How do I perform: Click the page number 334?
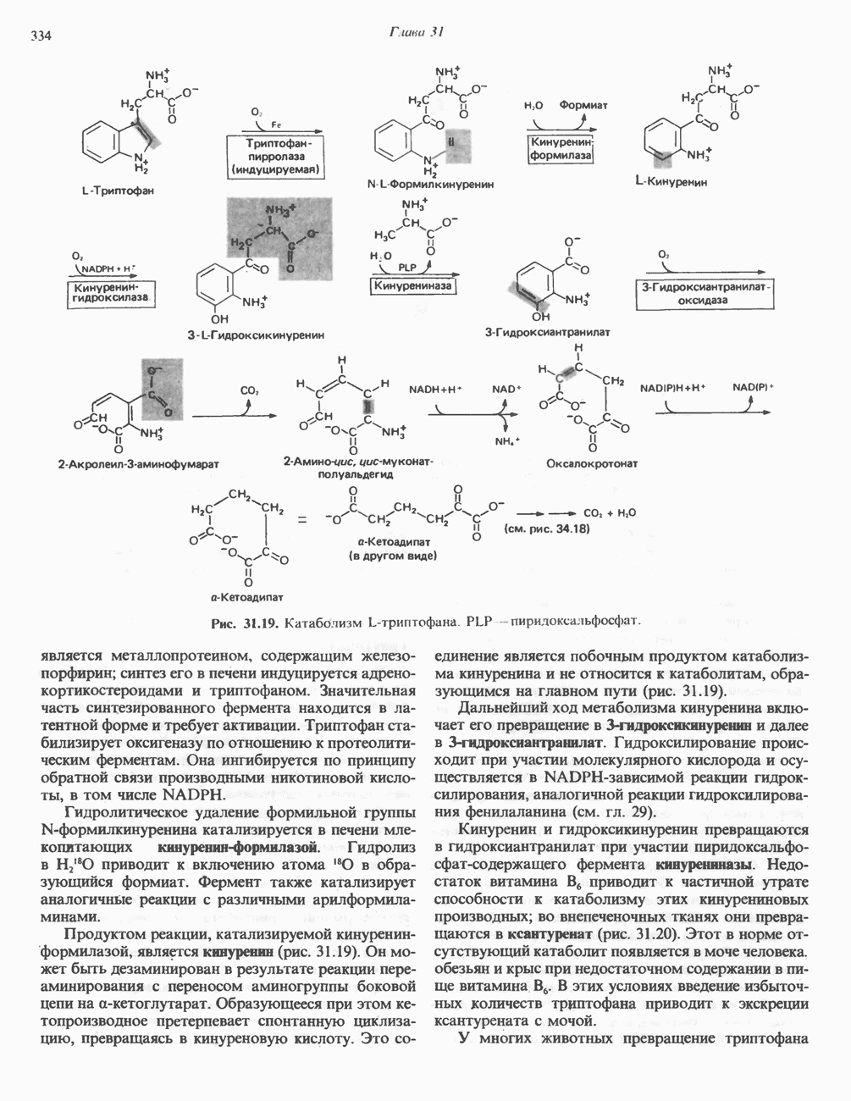coord(41,36)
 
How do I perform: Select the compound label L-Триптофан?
coord(118,191)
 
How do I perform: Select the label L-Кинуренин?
coord(671,181)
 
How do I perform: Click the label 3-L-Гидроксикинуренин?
coord(257,335)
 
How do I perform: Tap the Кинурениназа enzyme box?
coord(414,286)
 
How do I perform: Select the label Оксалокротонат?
coord(592,463)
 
